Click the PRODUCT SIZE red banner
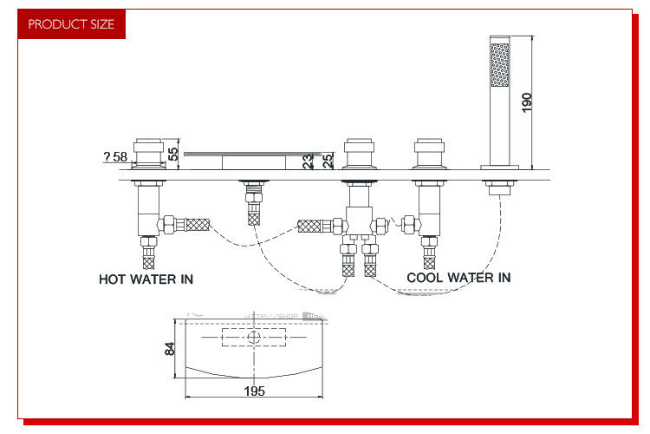(x=71, y=24)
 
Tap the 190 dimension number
(x=527, y=101)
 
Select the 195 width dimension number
(x=254, y=391)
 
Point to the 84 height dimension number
(x=171, y=348)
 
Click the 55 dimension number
(x=173, y=153)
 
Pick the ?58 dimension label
(x=115, y=157)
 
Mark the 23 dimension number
(x=308, y=160)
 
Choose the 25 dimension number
(x=328, y=160)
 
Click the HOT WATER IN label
(x=146, y=279)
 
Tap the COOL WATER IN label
(x=458, y=278)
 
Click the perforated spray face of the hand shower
(x=499, y=65)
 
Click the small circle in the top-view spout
(x=254, y=336)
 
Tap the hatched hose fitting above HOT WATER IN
(x=148, y=258)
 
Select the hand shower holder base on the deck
(x=499, y=185)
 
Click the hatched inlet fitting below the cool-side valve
(x=429, y=259)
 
